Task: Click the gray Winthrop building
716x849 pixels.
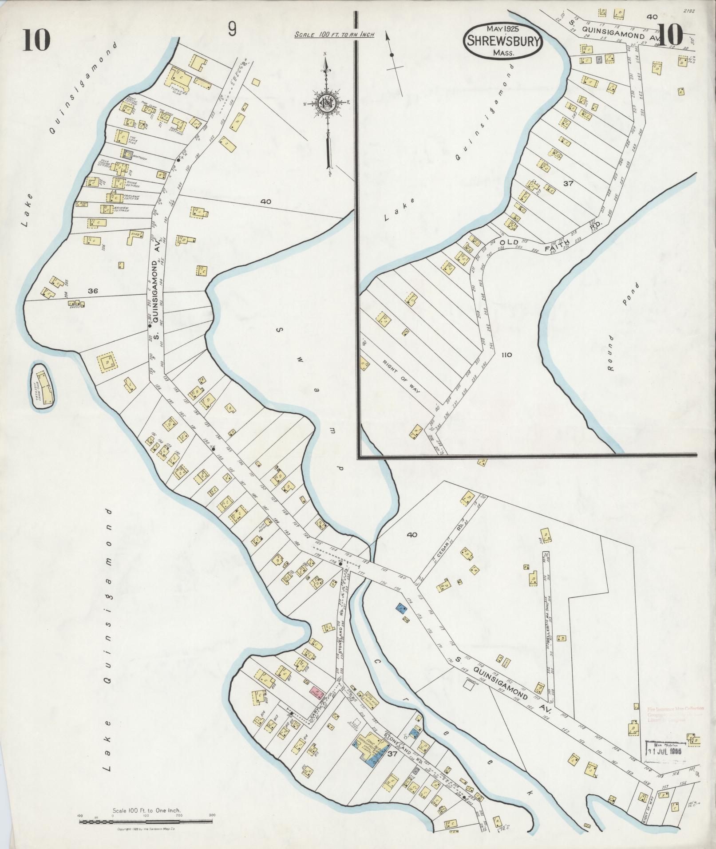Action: click(x=127, y=154)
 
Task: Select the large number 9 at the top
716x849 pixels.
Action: click(x=232, y=30)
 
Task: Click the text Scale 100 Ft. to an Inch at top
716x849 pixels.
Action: click(x=334, y=35)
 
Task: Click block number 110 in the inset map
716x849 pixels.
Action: click(x=507, y=355)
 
